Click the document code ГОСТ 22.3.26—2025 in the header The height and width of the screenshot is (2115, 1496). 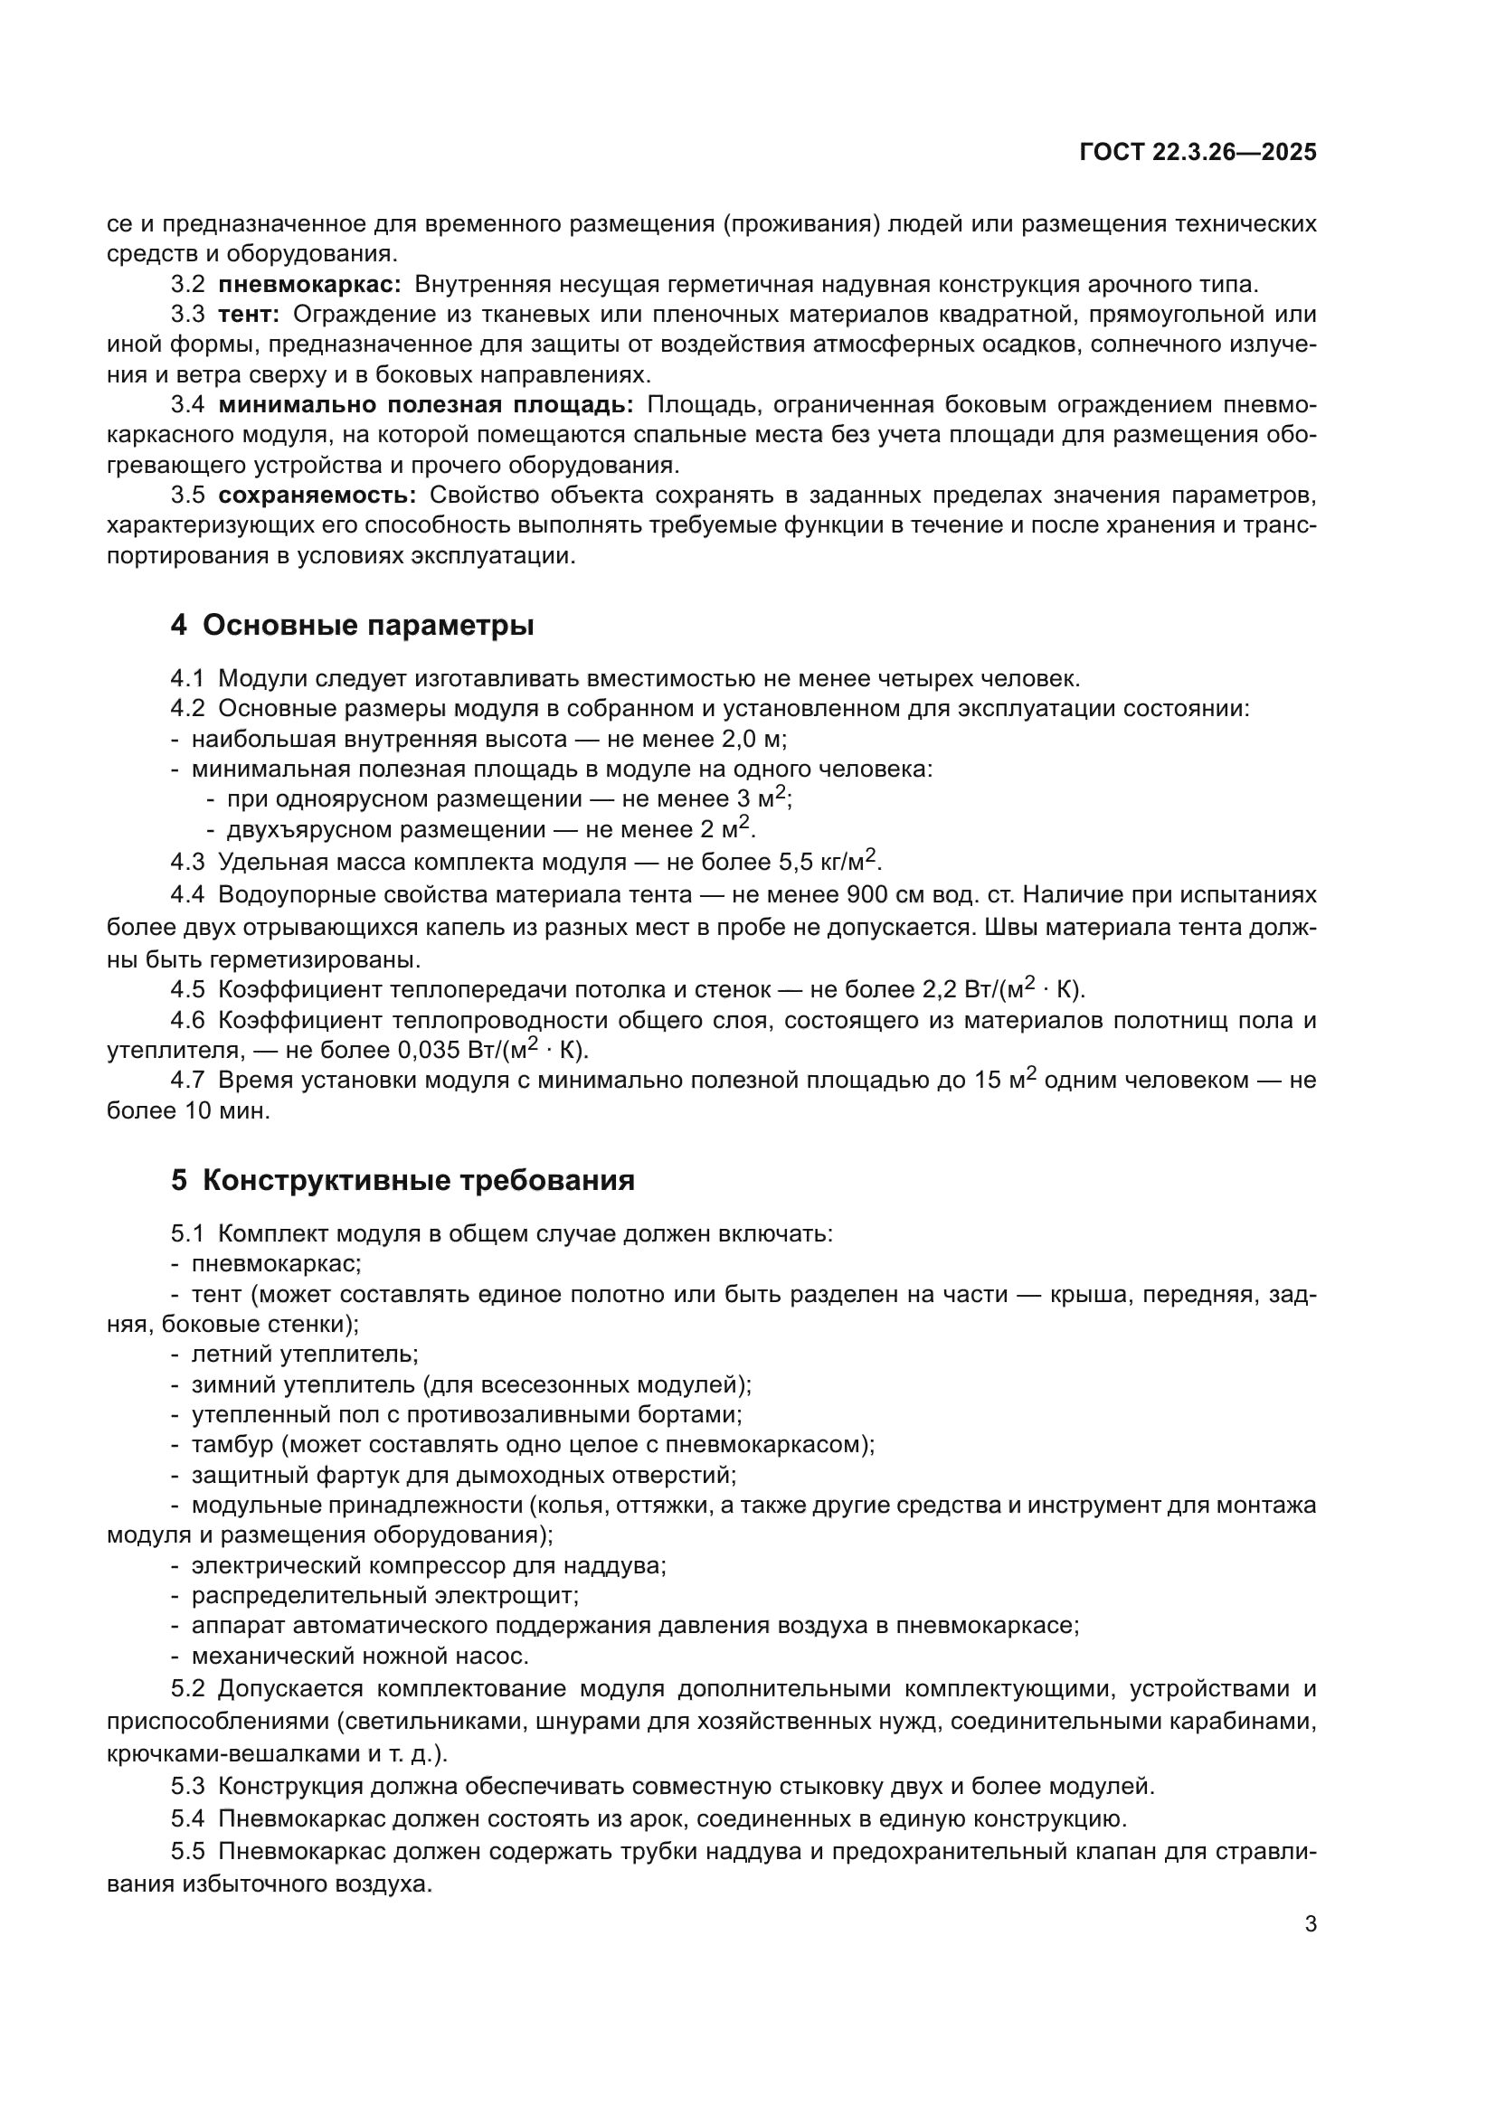point(1198,153)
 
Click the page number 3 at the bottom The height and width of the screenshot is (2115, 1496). point(1310,1924)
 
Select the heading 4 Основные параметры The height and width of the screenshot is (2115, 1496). point(352,626)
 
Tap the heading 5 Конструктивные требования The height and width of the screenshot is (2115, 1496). point(402,1180)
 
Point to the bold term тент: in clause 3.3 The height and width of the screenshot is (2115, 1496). point(249,314)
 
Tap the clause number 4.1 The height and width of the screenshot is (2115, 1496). point(187,679)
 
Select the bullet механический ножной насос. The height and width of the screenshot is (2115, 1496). point(359,1657)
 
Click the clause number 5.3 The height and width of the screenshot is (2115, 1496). point(187,1786)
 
